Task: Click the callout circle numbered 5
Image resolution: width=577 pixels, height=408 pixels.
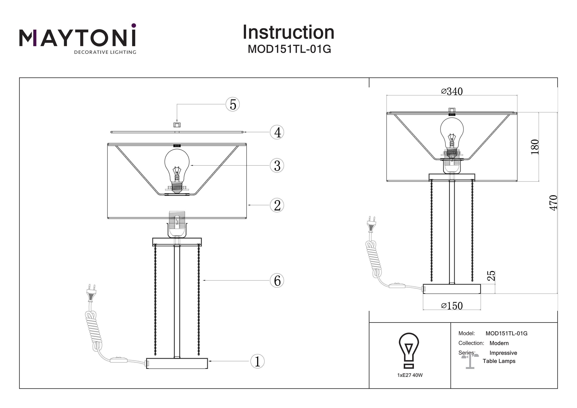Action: coord(233,104)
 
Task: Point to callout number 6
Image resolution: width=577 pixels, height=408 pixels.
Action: coord(277,280)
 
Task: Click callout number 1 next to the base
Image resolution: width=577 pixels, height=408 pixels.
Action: coord(257,361)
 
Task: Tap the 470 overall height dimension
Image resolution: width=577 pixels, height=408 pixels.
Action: coord(553,203)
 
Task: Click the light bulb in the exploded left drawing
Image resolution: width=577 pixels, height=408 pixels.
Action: coord(177,166)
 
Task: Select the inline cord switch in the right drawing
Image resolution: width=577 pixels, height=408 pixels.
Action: coord(397,286)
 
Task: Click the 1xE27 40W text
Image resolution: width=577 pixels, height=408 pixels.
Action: coord(410,375)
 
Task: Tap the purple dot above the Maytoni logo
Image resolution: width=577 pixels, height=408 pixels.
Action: coord(134,25)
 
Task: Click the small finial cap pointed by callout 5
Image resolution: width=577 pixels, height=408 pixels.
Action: coord(177,125)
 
